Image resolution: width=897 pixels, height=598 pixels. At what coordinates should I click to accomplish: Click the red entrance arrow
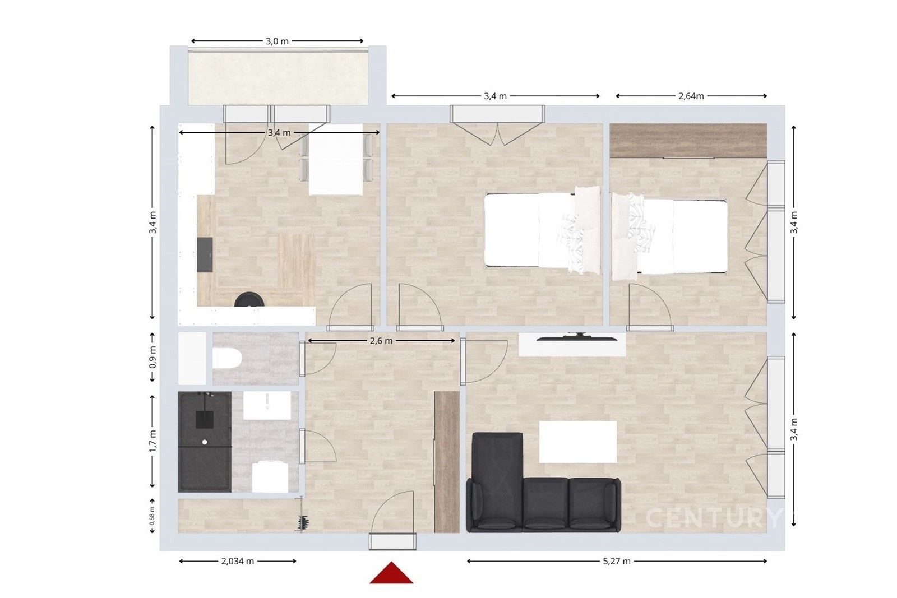tap(391, 574)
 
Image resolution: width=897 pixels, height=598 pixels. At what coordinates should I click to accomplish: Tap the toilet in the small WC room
tap(226, 358)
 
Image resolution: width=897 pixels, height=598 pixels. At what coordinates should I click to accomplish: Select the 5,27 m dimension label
tap(617, 561)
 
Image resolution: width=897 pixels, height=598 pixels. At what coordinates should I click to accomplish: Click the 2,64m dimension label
tap(691, 96)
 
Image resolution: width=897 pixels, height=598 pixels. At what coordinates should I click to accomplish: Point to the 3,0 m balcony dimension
tap(277, 41)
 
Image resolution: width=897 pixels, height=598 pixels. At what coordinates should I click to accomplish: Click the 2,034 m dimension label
tap(237, 561)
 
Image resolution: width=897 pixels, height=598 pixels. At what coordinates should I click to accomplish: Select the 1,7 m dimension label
tap(152, 440)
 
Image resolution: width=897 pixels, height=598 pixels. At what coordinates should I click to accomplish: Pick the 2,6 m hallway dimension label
tap(381, 341)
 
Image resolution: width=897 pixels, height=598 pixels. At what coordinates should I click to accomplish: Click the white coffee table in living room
tap(577, 442)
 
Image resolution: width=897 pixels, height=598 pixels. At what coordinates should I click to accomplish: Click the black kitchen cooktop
tap(205, 254)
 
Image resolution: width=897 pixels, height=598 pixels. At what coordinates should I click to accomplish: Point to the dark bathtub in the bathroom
tap(204, 442)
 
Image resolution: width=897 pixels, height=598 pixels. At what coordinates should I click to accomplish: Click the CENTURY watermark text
tap(712, 518)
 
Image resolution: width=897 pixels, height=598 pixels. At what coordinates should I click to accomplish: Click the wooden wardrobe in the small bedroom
tap(687, 141)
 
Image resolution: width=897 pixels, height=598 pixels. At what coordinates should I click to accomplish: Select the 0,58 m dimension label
tap(152, 516)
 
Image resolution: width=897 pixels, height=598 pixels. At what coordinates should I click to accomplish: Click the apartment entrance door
tap(392, 541)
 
